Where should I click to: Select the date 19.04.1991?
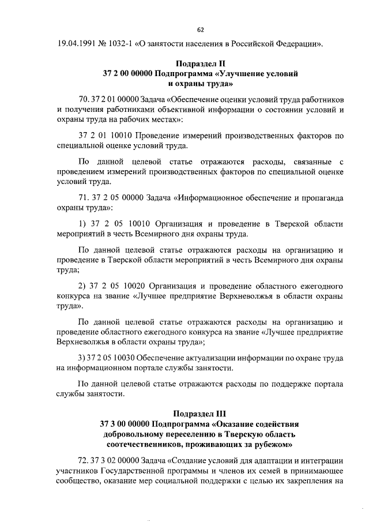tap(77, 44)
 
